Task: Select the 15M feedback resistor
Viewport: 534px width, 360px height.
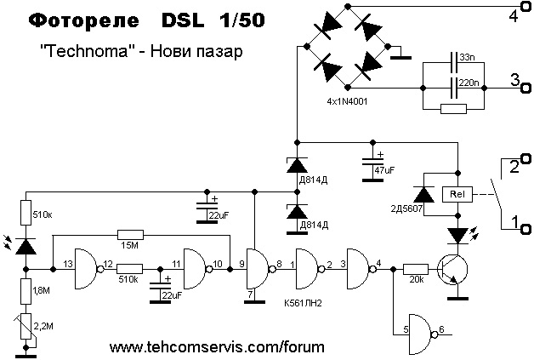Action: (131, 234)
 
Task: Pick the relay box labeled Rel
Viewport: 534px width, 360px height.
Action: (457, 195)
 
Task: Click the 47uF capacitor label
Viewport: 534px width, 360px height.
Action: (384, 170)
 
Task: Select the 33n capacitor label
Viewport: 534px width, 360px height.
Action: (467, 56)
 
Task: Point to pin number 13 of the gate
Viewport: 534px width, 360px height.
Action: (67, 265)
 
